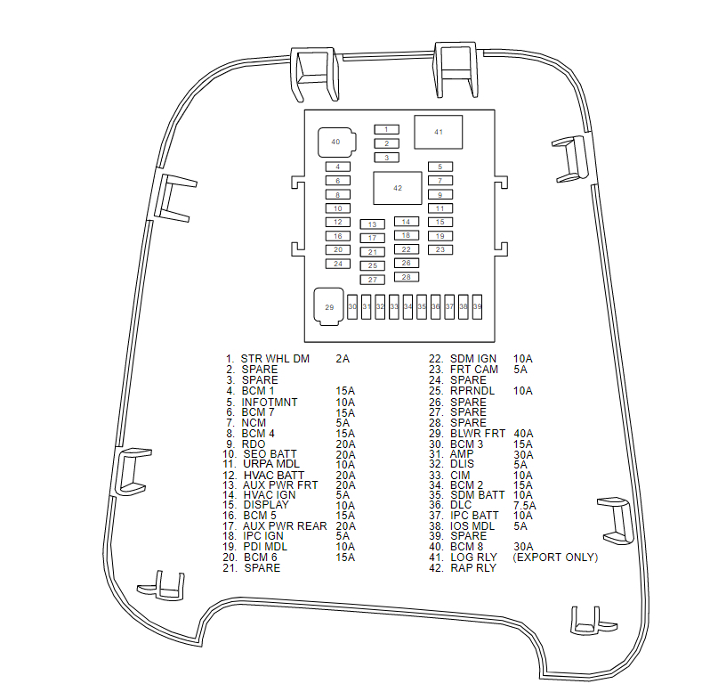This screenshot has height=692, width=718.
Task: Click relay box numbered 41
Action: coord(438,132)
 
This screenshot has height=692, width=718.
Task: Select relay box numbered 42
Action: coord(397,188)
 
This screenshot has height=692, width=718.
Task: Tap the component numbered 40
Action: coord(335,142)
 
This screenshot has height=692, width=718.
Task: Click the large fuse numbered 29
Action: coord(328,307)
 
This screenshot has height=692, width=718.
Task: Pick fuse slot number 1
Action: coord(386,129)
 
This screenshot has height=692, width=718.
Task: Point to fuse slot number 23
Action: coord(440,249)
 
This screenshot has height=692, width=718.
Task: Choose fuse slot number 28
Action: coord(406,277)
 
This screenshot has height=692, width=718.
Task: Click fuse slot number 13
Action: coord(372,224)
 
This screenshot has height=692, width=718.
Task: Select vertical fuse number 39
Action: coord(477,306)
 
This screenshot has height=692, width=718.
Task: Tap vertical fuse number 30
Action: coord(352,306)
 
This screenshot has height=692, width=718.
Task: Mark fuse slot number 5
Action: coord(440,167)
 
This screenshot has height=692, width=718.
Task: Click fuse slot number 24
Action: coord(338,264)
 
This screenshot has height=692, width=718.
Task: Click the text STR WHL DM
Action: coord(275,359)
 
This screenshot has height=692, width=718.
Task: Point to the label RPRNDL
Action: coord(473,391)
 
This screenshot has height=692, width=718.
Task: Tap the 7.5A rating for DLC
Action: coord(526,504)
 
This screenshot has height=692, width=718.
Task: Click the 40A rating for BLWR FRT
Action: coord(523,434)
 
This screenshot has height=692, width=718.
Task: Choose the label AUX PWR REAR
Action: coord(285,525)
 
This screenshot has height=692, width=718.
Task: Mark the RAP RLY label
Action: coord(473,568)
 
